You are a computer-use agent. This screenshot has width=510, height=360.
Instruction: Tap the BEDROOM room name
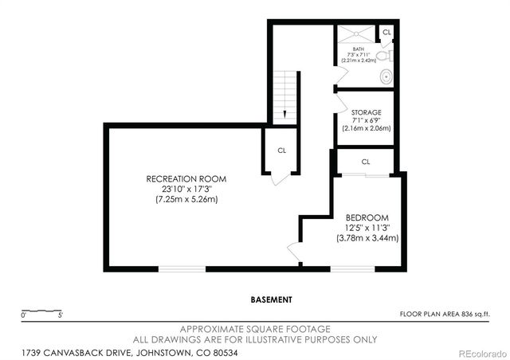pos(367,217)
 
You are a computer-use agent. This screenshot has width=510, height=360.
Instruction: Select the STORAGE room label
pos(366,112)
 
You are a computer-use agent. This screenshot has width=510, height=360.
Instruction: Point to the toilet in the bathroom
pos(383,57)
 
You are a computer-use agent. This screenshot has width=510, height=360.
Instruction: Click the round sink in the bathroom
pos(386,77)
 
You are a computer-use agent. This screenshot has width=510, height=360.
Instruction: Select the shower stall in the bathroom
pos(355,33)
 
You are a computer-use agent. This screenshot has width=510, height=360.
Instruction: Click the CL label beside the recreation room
pos(282,150)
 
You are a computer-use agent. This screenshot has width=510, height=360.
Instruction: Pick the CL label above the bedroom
pos(366,162)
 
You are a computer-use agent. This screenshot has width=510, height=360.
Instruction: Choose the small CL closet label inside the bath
pos(386,32)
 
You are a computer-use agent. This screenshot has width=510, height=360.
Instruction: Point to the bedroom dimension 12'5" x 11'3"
pos(367,228)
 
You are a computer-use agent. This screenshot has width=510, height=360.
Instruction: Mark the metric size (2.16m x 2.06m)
pos(366,128)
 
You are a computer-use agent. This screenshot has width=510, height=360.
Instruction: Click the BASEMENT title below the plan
pos(271,299)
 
